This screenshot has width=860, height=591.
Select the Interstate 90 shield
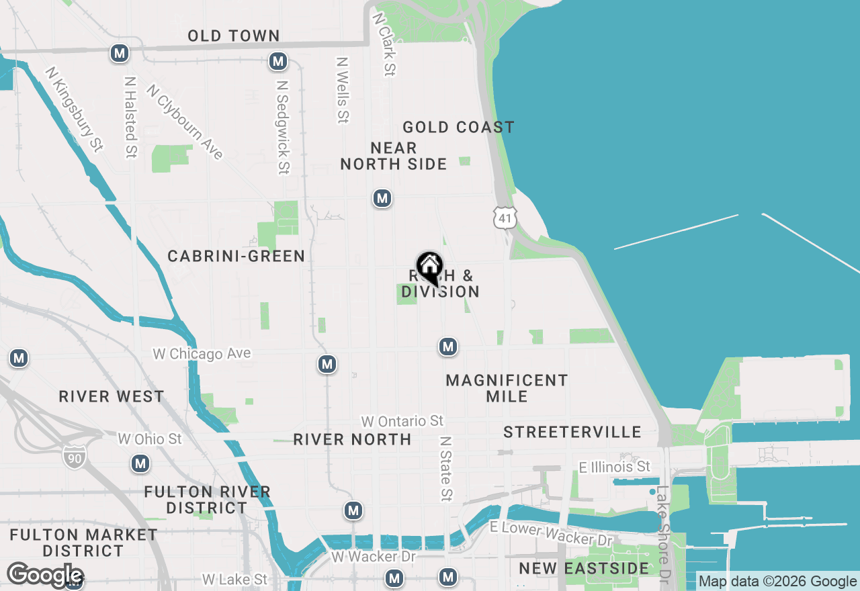(x=74, y=456)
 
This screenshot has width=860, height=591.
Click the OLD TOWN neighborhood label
(x=233, y=36)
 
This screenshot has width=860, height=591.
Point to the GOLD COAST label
(x=458, y=127)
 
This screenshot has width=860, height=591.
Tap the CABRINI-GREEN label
(x=236, y=256)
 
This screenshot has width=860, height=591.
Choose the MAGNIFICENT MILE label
(x=507, y=388)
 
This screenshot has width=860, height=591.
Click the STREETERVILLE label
(x=572, y=432)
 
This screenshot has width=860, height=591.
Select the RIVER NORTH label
(x=352, y=439)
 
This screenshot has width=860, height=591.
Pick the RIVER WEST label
(x=111, y=396)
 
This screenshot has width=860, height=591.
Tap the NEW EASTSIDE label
(x=583, y=568)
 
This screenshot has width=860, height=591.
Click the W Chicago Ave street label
(x=202, y=353)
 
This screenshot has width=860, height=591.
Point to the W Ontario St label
(x=402, y=421)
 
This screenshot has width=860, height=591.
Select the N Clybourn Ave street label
(x=184, y=122)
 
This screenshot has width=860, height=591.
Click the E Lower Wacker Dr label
(x=551, y=533)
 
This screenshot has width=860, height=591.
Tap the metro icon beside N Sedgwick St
(x=277, y=62)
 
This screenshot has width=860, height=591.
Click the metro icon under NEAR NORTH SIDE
(x=382, y=198)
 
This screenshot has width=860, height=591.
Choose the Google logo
(x=45, y=575)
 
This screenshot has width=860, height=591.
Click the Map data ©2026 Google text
(x=777, y=582)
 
